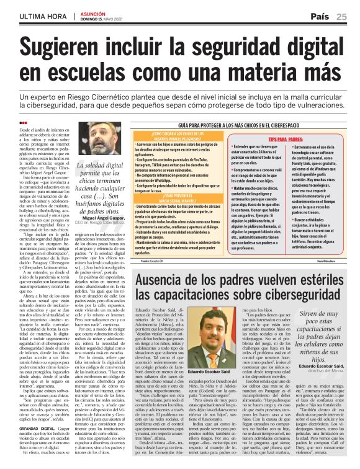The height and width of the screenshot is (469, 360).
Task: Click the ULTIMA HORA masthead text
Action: pos(38,16)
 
